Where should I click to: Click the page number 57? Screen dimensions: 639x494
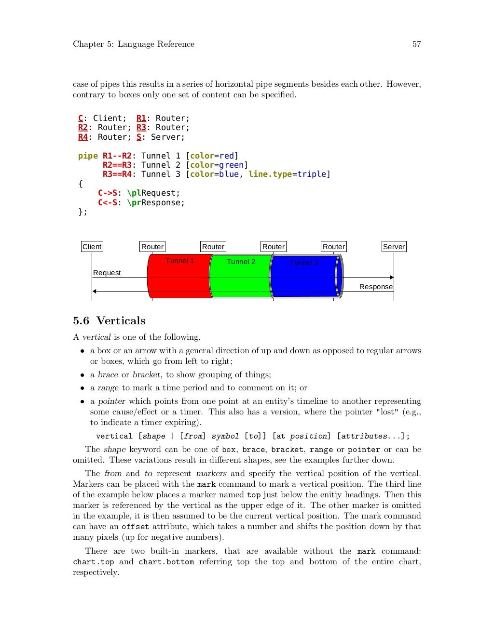(x=416, y=44)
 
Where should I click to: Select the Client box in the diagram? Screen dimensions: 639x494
(x=92, y=247)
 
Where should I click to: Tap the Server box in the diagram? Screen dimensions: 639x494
(x=394, y=247)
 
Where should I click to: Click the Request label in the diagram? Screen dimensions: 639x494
(x=107, y=273)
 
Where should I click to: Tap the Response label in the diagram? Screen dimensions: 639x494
(x=376, y=287)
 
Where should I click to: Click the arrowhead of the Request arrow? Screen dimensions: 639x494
(x=392, y=278)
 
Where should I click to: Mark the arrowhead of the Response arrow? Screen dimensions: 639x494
(x=95, y=291)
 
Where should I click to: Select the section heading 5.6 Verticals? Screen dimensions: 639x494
(x=109, y=320)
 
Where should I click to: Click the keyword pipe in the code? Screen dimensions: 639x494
(x=88, y=156)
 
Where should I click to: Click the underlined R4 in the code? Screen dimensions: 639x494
(x=83, y=137)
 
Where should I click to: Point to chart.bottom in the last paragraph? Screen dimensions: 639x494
(x=166, y=562)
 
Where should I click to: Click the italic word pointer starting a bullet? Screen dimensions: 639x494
(x=111, y=401)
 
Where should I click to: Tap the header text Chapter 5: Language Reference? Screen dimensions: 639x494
(x=134, y=44)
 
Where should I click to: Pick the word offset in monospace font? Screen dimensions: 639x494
(x=135, y=527)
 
